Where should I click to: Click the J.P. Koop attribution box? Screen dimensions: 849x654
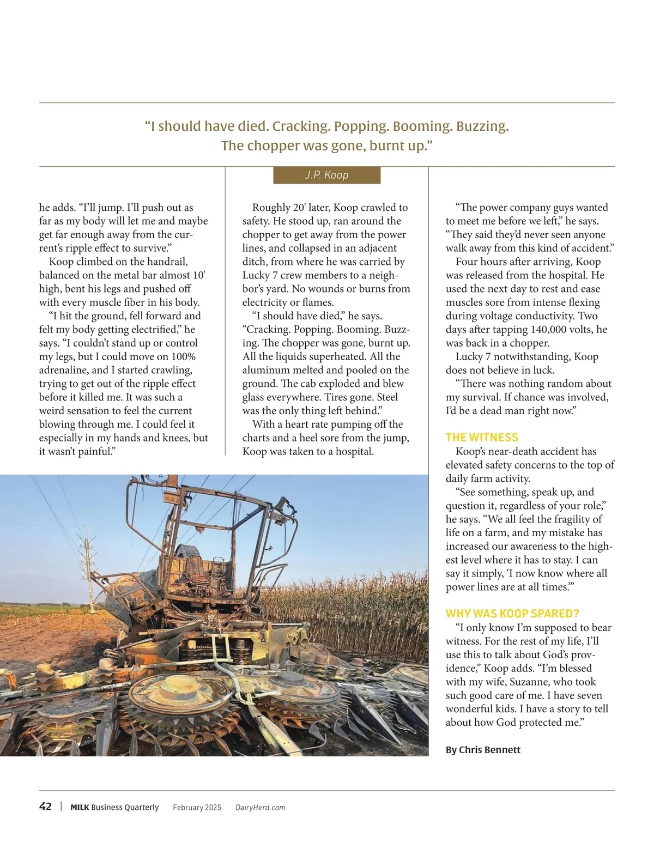pyautogui.click(x=326, y=175)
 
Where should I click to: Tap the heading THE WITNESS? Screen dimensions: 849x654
pyautogui.click(x=482, y=437)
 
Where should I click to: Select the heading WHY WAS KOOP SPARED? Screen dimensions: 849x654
pyautogui.click(x=512, y=613)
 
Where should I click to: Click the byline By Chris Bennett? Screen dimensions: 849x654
pyautogui.click(x=482, y=750)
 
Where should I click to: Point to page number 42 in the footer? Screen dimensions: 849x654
pyautogui.click(x=46, y=806)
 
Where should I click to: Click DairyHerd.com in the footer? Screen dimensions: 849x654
pyautogui.click(x=260, y=808)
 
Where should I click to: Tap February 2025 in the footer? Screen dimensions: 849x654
pyautogui.click(x=197, y=808)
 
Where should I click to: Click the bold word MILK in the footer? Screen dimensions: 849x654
pyautogui.click(x=80, y=808)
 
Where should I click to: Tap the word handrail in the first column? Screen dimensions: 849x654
pyautogui.click(x=167, y=262)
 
